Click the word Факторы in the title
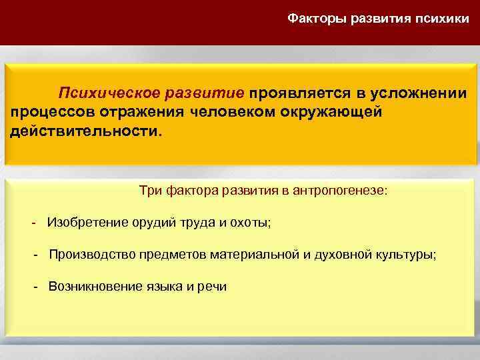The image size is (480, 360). (x=313, y=19)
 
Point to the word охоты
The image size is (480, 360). (x=250, y=223)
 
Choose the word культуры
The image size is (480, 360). (x=407, y=255)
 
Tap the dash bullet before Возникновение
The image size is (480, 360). (x=37, y=287)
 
